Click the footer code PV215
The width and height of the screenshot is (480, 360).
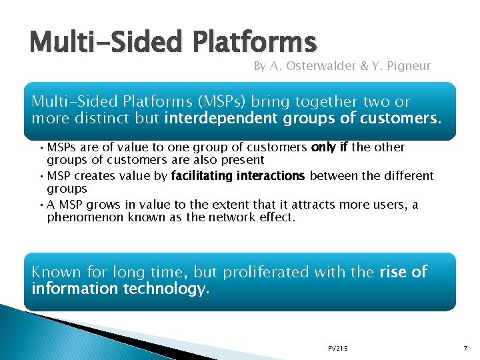pos(338,349)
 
